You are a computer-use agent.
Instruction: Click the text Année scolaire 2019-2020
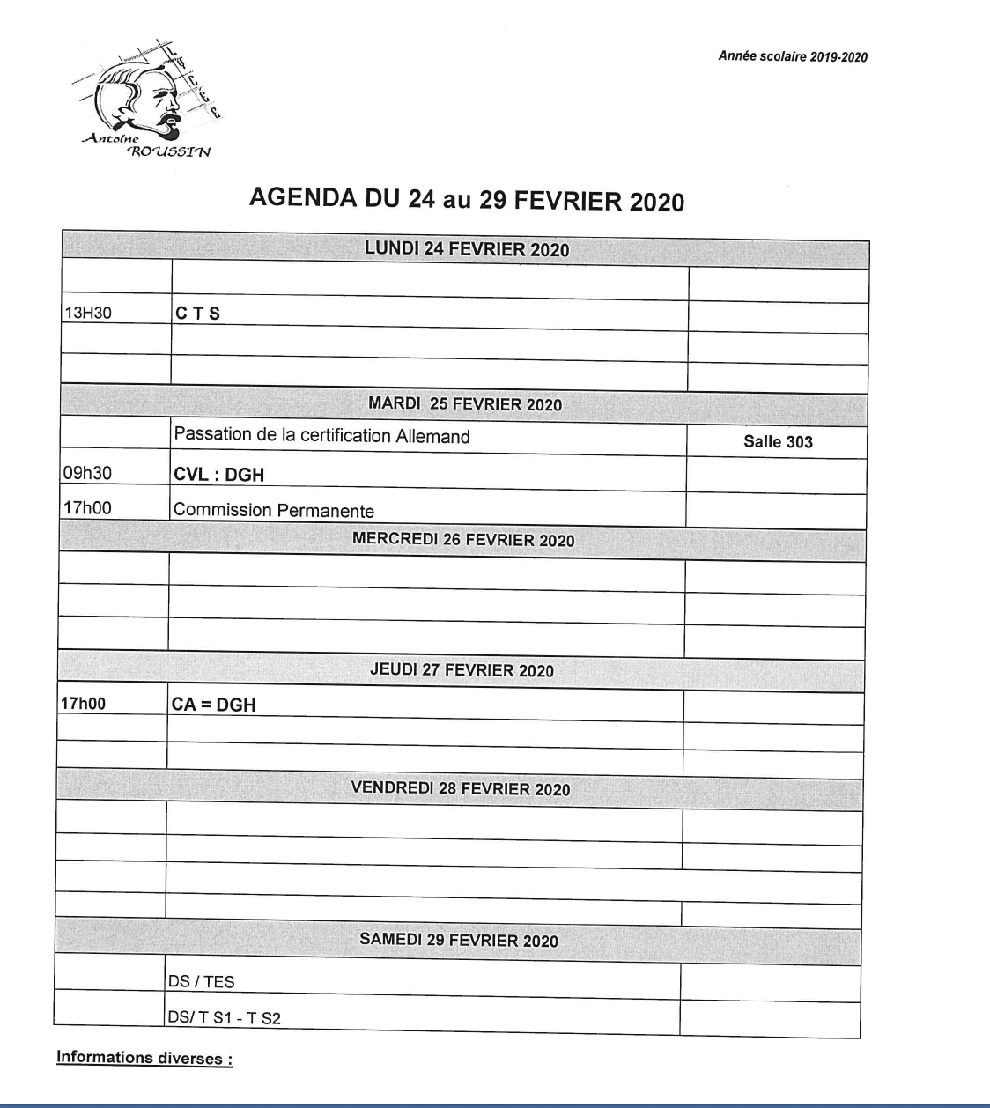[x=792, y=56]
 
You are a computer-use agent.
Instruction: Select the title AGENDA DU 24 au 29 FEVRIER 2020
[x=466, y=199]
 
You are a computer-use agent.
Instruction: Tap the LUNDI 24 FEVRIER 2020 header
[x=467, y=249]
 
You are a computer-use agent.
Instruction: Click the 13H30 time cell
[x=88, y=313]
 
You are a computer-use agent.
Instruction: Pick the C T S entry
[x=198, y=314]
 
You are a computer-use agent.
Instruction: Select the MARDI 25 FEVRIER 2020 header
[x=465, y=404]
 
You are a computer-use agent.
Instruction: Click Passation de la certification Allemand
[x=321, y=436]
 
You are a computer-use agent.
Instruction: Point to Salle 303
[x=778, y=442]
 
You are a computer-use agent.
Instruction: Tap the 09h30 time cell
[x=88, y=473]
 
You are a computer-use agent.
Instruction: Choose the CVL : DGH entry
[x=219, y=475]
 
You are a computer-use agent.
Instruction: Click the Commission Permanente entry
[x=274, y=511]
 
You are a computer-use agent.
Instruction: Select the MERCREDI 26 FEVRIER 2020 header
[x=463, y=539]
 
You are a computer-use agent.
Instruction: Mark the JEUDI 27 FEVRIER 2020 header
[x=462, y=670]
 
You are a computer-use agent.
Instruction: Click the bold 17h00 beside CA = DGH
[x=83, y=704]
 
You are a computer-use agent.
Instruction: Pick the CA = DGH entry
[x=214, y=705]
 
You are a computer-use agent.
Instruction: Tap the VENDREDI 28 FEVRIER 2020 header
[x=461, y=788]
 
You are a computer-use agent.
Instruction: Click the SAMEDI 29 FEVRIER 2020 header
[x=459, y=940]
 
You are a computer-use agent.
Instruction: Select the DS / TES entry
[x=202, y=981]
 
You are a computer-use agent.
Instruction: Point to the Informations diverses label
[x=144, y=1058]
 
